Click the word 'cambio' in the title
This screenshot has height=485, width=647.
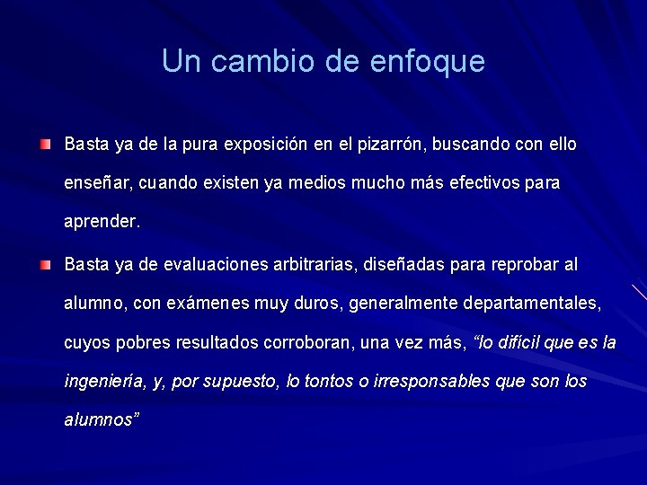coord(256,61)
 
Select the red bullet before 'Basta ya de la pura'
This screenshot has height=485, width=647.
coord(46,144)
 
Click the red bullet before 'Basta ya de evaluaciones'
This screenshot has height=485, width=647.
coord(46,265)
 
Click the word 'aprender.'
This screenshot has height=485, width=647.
coord(102,221)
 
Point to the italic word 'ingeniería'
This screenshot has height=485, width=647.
coord(103,381)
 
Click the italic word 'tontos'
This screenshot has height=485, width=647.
coord(328,381)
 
